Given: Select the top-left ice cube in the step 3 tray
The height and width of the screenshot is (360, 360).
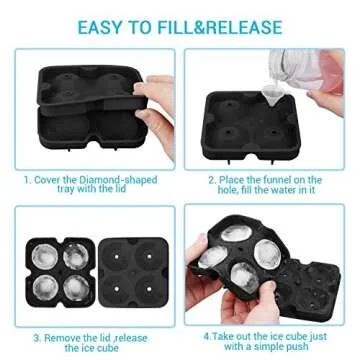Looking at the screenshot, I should (45, 253).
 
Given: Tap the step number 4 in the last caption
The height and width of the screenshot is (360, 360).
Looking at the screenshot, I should (203, 336).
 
